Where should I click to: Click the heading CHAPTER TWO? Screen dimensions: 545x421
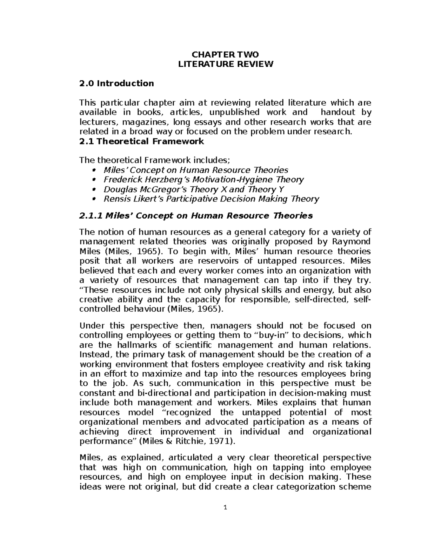coord(225,54)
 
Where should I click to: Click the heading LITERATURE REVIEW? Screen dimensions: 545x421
coord(225,64)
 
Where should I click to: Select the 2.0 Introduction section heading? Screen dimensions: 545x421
coord(117,84)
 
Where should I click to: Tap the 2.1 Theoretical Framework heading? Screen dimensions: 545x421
coord(142,141)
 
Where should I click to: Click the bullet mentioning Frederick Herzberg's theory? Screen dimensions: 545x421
coord(203,180)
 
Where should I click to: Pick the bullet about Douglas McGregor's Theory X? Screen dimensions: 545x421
coord(194,190)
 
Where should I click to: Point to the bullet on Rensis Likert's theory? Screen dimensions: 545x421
coord(211,199)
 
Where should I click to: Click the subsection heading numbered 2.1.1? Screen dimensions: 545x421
coord(196,215)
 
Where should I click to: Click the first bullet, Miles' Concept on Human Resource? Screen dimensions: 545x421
coord(196,170)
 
